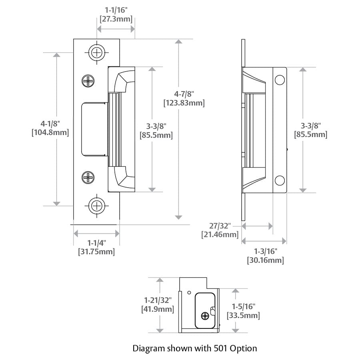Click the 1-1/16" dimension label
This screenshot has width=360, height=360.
[x=115, y=9]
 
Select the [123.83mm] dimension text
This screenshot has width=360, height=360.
[x=184, y=103]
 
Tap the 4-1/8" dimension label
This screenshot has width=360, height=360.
[x=50, y=124]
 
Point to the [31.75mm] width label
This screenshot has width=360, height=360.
[x=96, y=252]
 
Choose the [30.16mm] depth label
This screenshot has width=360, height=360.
[x=266, y=260]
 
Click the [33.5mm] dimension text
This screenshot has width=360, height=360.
[x=243, y=316]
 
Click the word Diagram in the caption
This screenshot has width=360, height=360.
[x=148, y=348]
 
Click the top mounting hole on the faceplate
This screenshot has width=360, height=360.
[x=96, y=52]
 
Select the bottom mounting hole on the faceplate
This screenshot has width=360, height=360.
[x=96, y=206]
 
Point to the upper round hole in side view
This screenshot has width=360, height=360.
[x=279, y=80]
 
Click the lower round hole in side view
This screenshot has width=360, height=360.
[x=279, y=180]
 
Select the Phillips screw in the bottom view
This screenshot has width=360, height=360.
[x=206, y=315]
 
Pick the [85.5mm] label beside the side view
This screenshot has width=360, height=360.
[x=311, y=135]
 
